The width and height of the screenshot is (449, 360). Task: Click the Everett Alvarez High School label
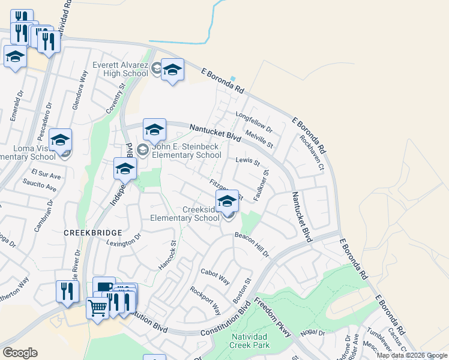coord(120,70)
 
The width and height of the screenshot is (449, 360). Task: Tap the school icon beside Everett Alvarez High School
coord(172,70)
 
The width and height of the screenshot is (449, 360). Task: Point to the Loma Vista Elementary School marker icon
coord(60,141)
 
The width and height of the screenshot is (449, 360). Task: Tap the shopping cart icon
coord(98,308)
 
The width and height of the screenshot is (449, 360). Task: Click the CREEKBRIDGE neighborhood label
coord(94,232)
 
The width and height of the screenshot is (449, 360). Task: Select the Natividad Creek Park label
coord(250,340)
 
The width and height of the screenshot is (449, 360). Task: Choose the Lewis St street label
coord(247,161)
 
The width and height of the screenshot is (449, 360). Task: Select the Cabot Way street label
coord(215,276)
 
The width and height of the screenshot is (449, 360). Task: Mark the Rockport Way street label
coord(205,299)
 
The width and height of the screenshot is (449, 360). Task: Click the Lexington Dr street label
coord(122,240)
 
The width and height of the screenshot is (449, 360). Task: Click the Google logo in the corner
coord(20,353)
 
